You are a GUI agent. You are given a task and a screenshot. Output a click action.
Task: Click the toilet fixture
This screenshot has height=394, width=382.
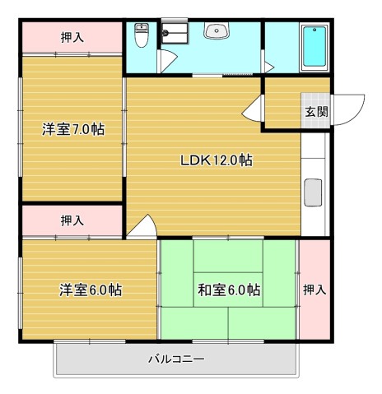click(x=142, y=35)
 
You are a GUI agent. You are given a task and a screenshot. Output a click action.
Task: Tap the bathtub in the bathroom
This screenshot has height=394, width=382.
click(x=314, y=48)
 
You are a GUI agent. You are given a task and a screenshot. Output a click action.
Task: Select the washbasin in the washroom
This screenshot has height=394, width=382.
click(x=217, y=30)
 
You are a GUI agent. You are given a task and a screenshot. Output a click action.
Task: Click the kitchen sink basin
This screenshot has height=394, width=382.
click(x=313, y=192)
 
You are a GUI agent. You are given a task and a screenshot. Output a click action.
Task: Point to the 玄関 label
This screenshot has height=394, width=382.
click(x=317, y=112)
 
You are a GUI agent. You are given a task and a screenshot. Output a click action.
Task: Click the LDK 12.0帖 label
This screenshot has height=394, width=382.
click(x=217, y=160)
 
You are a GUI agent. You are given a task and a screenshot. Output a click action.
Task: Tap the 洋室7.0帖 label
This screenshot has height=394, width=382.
click(x=73, y=129)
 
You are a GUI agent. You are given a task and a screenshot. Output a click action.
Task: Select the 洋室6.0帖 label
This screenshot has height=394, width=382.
click(x=91, y=290)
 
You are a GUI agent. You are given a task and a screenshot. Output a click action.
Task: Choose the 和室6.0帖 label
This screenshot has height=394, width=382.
click(x=229, y=290)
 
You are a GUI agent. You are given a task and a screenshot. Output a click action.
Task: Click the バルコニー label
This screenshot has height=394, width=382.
click(x=176, y=359)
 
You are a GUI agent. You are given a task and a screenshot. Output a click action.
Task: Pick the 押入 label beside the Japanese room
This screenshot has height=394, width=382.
click(x=314, y=290)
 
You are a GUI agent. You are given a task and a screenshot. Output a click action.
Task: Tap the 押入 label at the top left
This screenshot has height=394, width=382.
click(x=72, y=37)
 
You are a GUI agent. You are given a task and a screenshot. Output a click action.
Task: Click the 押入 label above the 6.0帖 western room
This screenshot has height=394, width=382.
click(x=72, y=220)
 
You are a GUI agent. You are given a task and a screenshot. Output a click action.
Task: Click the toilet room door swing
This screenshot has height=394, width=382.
click(x=168, y=61)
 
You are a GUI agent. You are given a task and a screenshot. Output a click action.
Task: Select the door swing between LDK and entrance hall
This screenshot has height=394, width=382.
click(x=252, y=108)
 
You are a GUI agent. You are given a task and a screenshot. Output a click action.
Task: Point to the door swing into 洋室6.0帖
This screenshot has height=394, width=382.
click(x=142, y=226)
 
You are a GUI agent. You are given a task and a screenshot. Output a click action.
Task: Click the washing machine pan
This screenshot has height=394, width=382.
click(x=175, y=33)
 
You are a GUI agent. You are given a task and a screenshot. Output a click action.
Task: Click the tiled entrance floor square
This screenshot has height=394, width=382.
click(x=315, y=110)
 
